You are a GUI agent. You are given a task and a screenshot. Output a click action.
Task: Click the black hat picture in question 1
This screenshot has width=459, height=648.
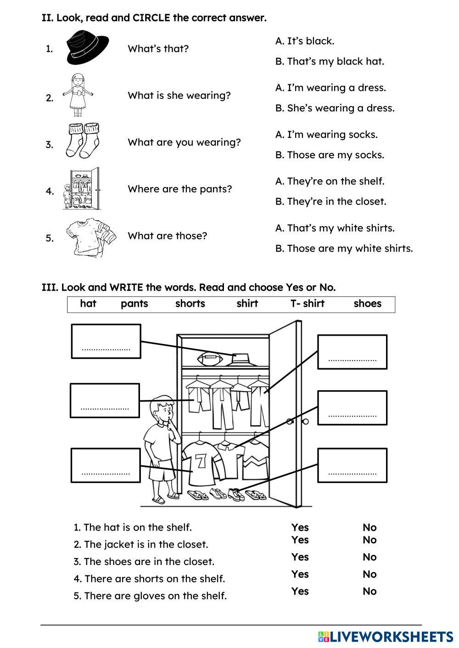(87, 46)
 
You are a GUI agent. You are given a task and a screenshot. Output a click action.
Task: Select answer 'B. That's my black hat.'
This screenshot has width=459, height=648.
(330, 61)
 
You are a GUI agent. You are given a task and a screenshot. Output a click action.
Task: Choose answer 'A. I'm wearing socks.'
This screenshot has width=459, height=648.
(326, 135)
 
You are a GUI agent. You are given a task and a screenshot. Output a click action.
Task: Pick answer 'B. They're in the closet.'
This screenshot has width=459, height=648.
(330, 202)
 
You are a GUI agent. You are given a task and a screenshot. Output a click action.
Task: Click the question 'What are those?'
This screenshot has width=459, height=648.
(167, 236)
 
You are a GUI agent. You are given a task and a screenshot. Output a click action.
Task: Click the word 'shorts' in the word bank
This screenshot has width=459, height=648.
(190, 304)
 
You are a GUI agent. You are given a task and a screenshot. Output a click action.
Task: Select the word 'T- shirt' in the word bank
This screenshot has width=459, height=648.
(308, 304)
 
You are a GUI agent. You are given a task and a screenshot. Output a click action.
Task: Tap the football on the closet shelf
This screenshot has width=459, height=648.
(210, 359)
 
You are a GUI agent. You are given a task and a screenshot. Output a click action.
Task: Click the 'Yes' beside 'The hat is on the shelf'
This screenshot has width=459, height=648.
(300, 527)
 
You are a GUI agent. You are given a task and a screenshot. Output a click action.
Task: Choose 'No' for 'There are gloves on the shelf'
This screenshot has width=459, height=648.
(369, 592)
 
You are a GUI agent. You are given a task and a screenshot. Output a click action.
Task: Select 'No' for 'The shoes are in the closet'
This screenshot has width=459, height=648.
(369, 557)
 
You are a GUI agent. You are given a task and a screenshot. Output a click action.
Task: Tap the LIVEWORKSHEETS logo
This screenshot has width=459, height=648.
(386, 637)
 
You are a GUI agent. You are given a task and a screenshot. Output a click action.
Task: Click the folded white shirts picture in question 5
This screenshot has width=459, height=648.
(90, 237)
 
